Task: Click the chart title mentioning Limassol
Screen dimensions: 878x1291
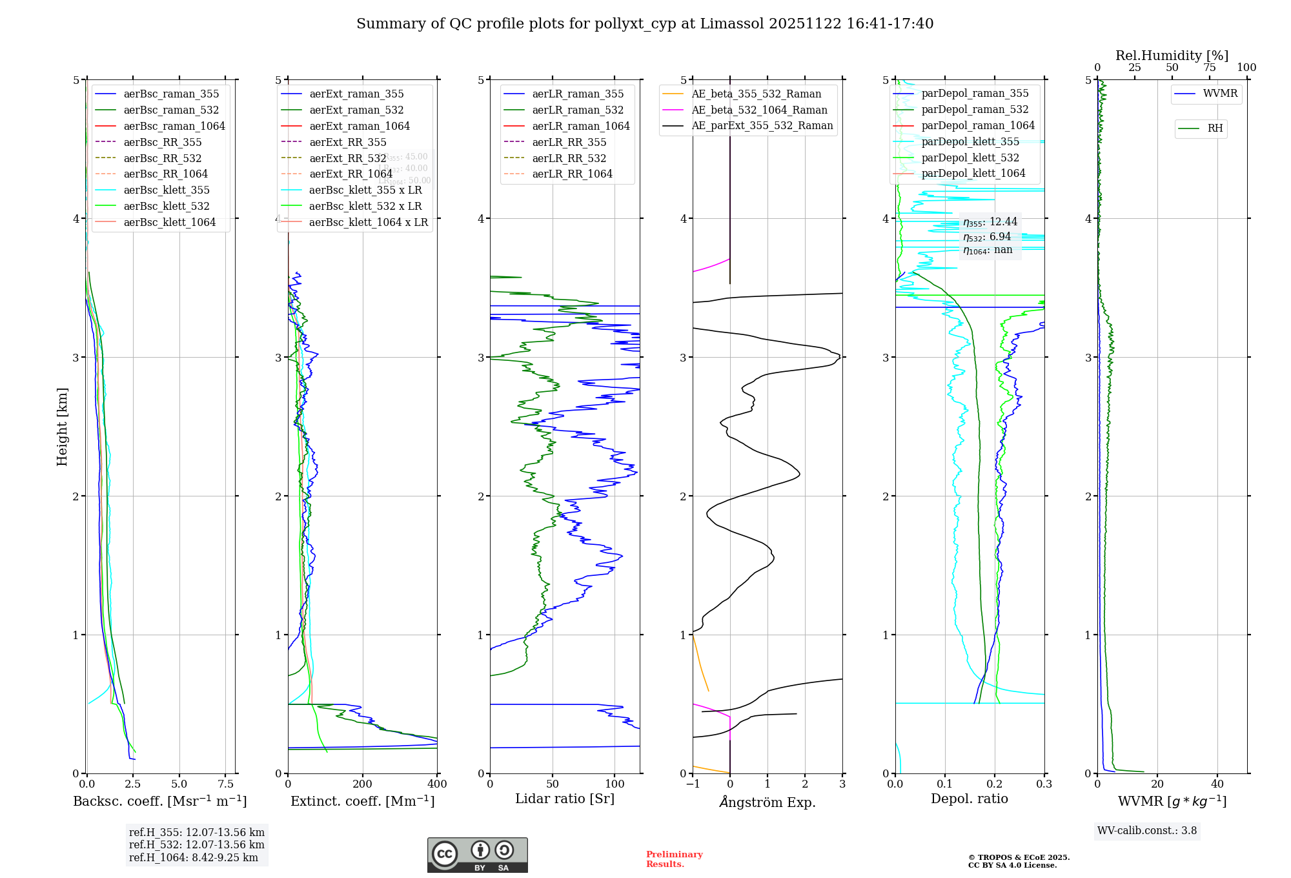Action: (645, 24)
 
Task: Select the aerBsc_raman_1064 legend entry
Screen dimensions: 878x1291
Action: (174, 126)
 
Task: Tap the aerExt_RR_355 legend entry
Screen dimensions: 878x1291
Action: (347, 142)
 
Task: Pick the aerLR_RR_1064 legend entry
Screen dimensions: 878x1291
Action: (571, 174)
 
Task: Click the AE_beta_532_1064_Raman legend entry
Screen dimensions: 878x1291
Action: (758, 110)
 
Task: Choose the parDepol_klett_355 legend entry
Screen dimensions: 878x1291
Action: (970, 141)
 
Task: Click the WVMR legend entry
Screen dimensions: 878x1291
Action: (1219, 94)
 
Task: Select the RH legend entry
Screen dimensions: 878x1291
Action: (1214, 128)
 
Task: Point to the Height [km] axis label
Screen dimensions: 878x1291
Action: (62, 427)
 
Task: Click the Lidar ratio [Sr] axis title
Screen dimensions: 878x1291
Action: (565, 799)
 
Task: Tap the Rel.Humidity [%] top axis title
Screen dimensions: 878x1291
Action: (1172, 56)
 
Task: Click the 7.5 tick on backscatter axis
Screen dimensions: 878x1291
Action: (226, 784)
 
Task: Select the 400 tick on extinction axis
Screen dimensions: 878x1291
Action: (437, 784)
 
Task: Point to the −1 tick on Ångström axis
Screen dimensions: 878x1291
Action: (693, 784)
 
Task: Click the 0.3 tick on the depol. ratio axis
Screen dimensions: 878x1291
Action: (1044, 784)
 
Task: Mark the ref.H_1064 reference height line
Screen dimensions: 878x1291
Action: (194, 857)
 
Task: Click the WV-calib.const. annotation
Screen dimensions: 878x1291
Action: (1147, 831)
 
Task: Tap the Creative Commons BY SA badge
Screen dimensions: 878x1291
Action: (477, 855)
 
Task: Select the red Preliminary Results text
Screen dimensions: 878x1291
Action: (674, 859)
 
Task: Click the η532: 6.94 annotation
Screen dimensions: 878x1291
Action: (987, 237)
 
